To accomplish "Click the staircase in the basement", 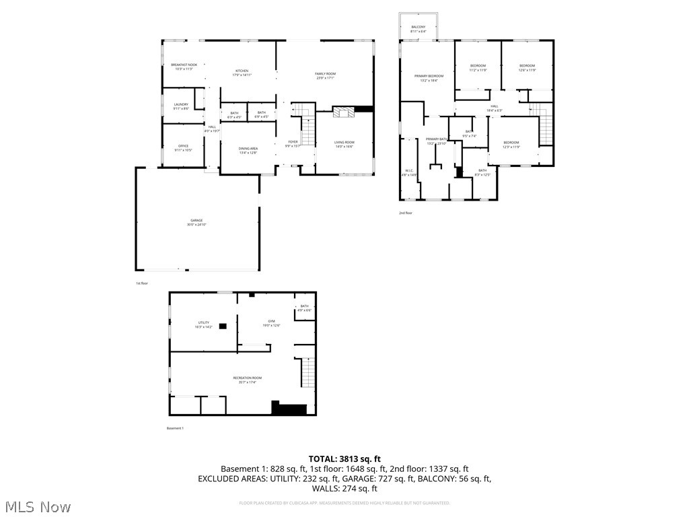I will point(307,373).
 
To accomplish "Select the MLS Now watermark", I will point(38,506).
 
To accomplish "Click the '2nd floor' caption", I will point(406,213).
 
